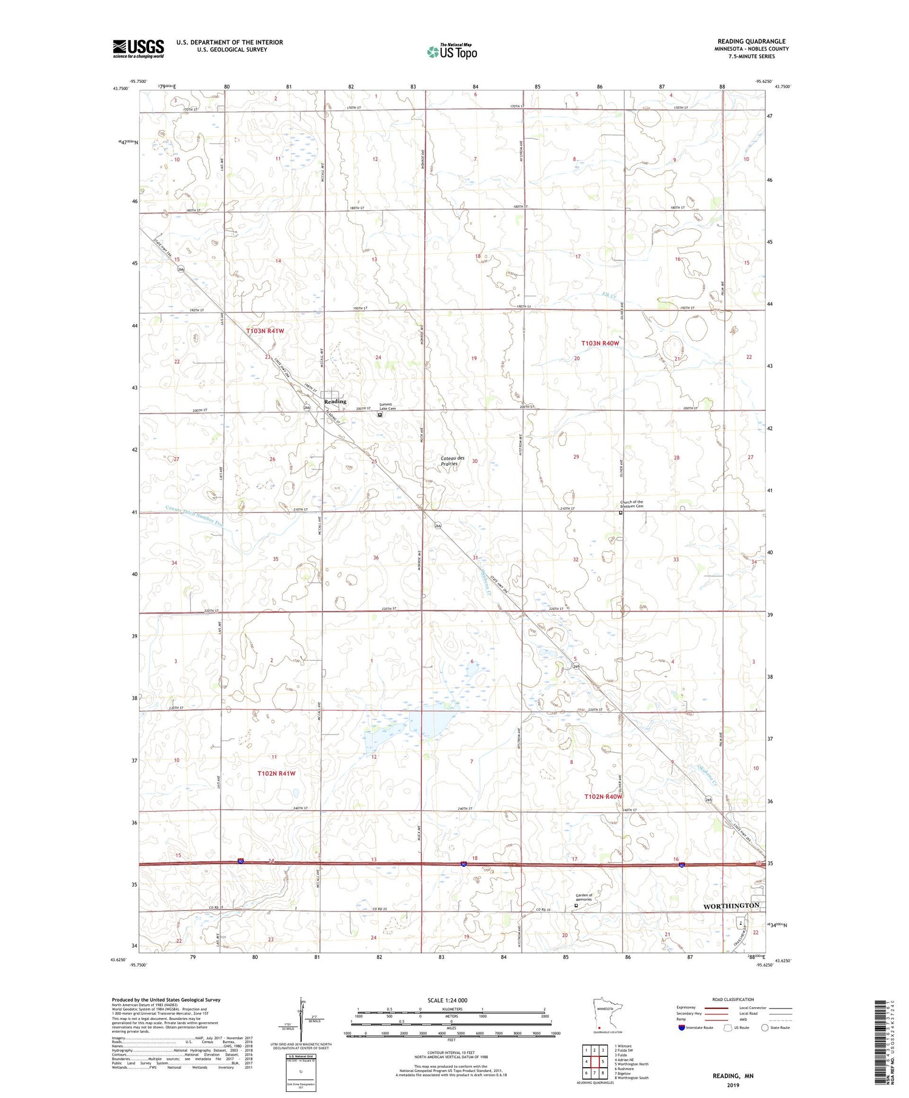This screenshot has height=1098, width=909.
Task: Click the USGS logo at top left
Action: [x=138, y=48]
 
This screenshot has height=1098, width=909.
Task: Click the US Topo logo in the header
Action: [x=451, y=52]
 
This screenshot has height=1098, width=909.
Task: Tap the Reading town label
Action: [x=335, y=402]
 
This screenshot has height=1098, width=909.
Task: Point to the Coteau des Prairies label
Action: [x=453, y=461]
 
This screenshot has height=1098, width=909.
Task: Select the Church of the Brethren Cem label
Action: [x=631, y=504]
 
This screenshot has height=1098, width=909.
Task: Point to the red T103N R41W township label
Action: [x=265, y=331]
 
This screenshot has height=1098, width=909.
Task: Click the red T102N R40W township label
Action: [x=604, y=796]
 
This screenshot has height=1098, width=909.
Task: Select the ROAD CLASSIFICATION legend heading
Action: [x=733, y=1000]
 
